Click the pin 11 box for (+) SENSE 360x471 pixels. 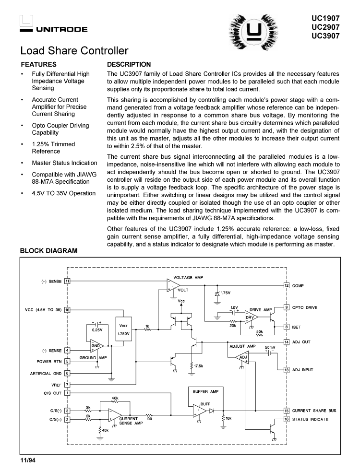(x=68, y=281)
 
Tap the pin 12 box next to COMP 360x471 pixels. (x=287, y=285)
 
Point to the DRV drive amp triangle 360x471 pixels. (x=252, y=318)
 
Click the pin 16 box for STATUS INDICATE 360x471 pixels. (x=287, y=419)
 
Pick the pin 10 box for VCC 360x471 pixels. (x=68, y=310)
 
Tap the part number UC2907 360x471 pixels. (x=325, y=27)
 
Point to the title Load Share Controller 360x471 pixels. (x=74, y=50)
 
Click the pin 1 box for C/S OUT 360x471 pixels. (x=68, y=393)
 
